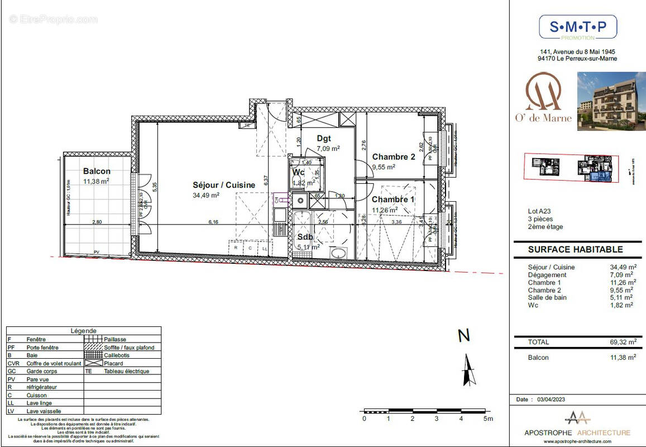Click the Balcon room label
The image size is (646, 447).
97,171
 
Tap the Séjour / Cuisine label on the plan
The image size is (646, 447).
224,185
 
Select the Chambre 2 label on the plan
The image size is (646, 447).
394,157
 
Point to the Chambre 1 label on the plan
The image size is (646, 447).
393,199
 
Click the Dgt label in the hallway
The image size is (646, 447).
324,138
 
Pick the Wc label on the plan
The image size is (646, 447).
298,172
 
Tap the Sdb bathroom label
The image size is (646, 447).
305,237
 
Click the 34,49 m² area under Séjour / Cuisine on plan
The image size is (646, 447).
206,195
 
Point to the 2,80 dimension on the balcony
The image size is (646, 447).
97,222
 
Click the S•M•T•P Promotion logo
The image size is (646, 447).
577,27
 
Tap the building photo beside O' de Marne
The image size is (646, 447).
611,101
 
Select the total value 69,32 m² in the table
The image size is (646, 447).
623,342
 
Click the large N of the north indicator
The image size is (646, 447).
463,336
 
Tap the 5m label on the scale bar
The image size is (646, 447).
488,419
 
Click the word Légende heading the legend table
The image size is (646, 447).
83,331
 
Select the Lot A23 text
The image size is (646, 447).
539,211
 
